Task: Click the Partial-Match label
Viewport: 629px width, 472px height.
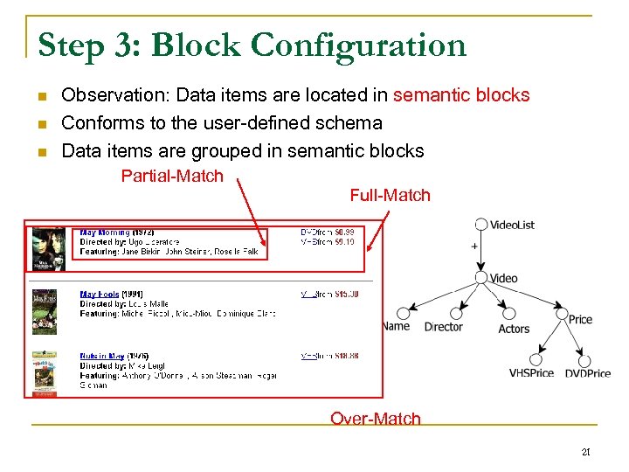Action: click(x=172, y=177)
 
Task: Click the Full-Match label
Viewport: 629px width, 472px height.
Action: click(x=390, y=195)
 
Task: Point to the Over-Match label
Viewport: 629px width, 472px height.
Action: click(x=375, y=419)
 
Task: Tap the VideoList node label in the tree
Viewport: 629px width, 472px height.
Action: click(x=513, y=225)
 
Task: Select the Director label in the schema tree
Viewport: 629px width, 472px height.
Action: click(x=443, y=327)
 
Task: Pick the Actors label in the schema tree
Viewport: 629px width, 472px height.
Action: click(x=514, y=329)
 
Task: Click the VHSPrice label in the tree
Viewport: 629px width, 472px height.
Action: click(x=531, y=373)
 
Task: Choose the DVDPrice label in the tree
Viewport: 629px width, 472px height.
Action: click(x=587, y=373)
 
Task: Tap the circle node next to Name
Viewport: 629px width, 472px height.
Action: click(x=403, y=313)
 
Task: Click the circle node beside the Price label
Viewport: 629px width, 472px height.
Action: click(x=560, y=313)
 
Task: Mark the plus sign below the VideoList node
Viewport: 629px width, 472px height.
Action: click(x=474, y=246)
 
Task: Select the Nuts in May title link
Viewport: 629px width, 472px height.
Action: click(x=102, y=357)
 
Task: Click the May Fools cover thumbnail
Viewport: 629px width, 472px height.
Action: click(x=45, y=312)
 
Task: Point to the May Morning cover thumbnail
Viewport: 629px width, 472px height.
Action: click(x=48, y=250)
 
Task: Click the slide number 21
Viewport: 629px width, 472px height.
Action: click(x=586, y=452)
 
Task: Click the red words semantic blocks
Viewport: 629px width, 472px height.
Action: click(x=461, y=95)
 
